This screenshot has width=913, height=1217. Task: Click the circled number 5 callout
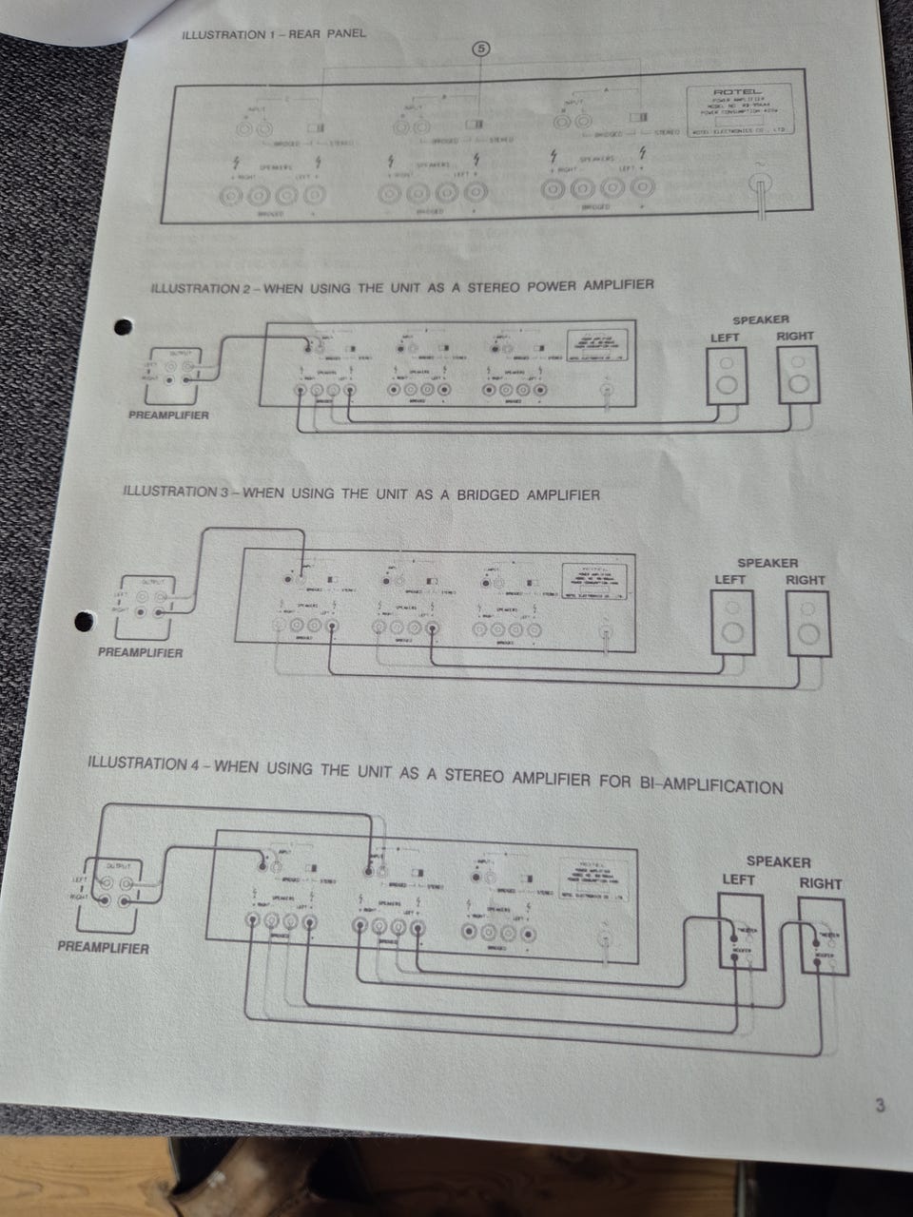tap(480, 48)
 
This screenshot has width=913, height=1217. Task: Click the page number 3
tap(880, 1106)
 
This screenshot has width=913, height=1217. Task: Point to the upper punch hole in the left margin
tap(122, 327)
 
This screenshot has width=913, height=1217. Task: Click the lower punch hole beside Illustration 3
tap(84, 621)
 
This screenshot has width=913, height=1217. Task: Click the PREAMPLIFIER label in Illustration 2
tap(168, 415)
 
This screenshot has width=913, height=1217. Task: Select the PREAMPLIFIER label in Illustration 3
tap(140, 652)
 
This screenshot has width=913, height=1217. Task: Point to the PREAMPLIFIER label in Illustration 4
tap(103, 948)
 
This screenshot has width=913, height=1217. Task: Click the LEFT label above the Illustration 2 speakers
tap(726, 337)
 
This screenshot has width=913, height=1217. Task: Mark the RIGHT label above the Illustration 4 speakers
tap(820, 883)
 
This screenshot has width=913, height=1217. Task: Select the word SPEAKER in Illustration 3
tap(767, 563)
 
